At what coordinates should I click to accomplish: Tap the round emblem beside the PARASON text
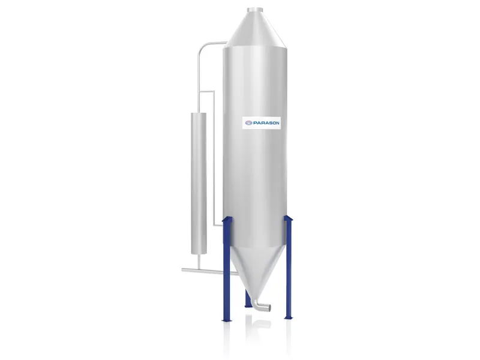[x=248, y=123]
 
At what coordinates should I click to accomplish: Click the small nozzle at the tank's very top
[x=256, y=9]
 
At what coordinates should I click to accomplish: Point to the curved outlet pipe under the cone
[x=259, y=305]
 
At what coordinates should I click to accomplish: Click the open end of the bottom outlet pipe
[x=268, y=308]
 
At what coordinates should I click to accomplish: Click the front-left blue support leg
[x=227, y=270]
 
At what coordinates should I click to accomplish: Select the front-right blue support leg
[x=289, y=270]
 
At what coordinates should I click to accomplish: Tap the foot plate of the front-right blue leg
[x=289, y=319]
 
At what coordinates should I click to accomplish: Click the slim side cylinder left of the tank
[x=197, y=180]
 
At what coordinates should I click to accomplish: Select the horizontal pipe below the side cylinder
[x=204, y=271]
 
